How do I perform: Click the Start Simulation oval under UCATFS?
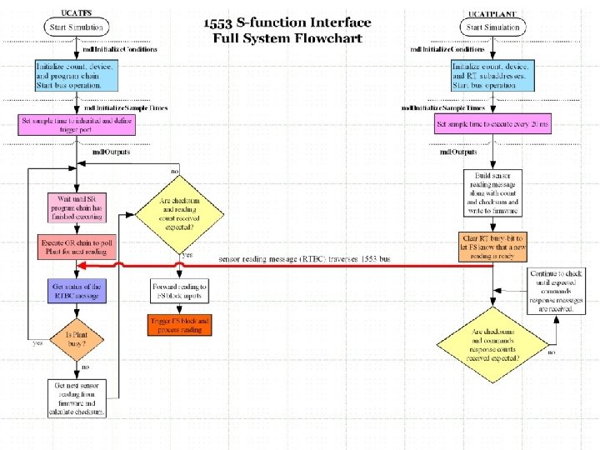[x=77, y=27]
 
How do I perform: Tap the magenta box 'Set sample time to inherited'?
[x=77, y=125]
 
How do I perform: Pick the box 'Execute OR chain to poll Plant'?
[x=77, y=247]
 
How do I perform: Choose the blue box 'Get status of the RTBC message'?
[x=77, y=290]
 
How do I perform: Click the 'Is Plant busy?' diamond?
[x=77, y=338]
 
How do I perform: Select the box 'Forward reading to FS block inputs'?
[x=180, y=291]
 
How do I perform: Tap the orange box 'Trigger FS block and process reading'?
[x=180, y=325]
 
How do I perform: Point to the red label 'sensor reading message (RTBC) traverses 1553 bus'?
[x=304, y=259]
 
